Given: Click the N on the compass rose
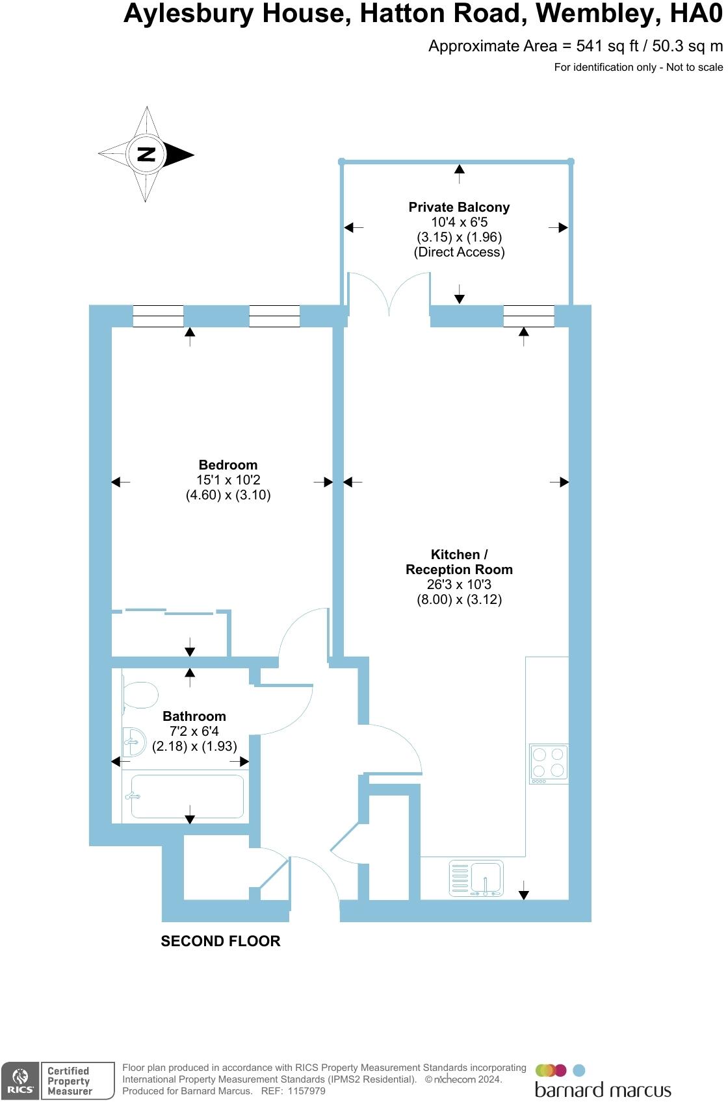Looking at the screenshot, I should point(146,155).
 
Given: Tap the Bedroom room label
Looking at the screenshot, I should point(228,465).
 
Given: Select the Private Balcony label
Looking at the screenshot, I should point(459,207).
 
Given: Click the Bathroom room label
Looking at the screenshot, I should point(194,716).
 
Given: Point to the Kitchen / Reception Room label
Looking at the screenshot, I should point(459,562).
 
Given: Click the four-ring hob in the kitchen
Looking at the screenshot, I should point(549,762).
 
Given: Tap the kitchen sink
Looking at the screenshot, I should point(486,878).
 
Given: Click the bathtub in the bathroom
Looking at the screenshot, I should point(187,796).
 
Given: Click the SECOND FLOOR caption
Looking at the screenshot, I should point(220,941).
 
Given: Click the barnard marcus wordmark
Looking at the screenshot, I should point(603,1090).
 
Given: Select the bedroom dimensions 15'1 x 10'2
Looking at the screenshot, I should point(228,480).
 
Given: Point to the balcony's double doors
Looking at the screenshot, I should point(389,294).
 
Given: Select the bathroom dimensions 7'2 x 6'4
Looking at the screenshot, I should point(194,731).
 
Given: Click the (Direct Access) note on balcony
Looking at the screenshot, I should point(459,252).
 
